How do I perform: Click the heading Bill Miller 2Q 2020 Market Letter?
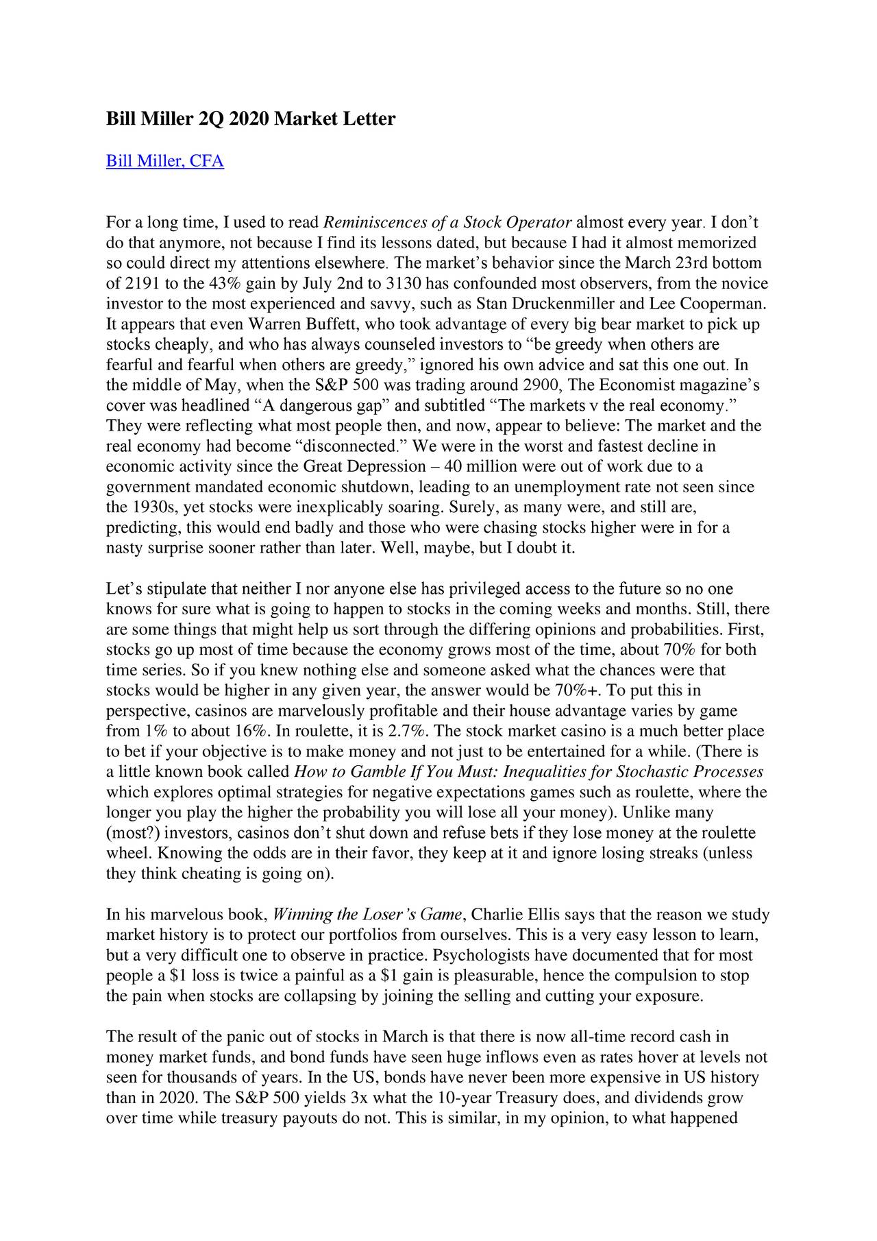250,119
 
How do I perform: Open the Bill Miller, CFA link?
164,162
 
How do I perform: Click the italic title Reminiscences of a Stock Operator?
447,223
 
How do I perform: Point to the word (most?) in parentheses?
132,834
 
